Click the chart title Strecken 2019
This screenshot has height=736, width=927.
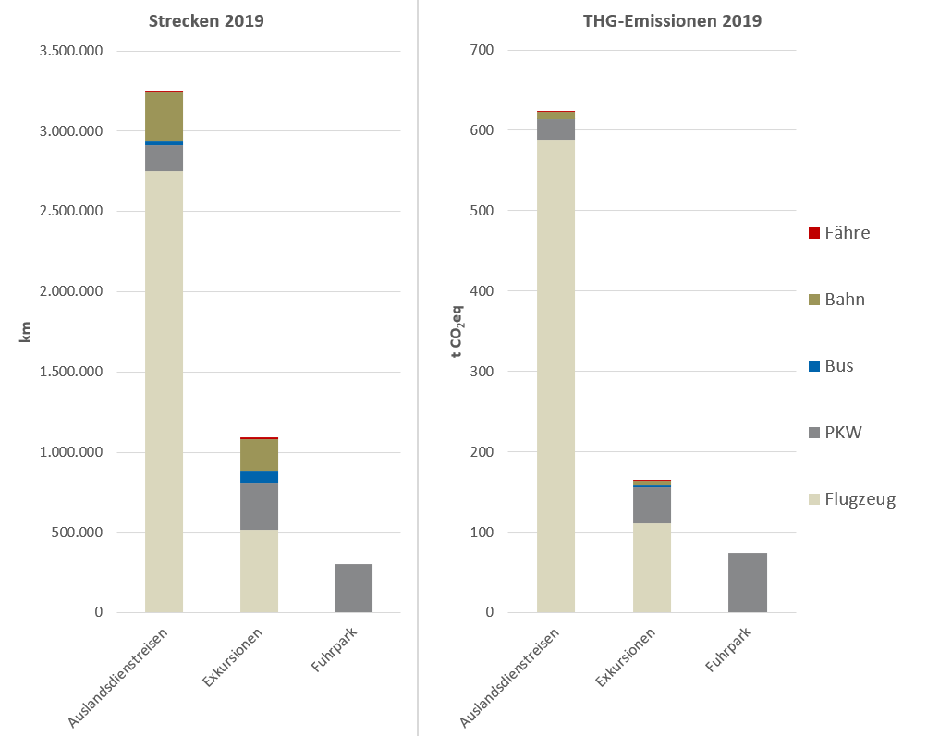(x=207, y=20)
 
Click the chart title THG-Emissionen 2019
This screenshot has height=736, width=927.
(x=672, y=20)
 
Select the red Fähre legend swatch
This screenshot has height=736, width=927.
(x=813, y=233)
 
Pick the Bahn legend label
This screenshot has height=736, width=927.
(x=846, y=300)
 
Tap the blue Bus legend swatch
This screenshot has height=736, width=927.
(x=813, y=366)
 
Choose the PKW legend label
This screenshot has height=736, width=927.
(x=844, y=432)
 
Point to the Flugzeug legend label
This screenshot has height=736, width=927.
(x=861, y=499)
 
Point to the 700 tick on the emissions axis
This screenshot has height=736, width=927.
(x=482, y=51)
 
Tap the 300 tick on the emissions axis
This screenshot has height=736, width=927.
(x=482, y=372)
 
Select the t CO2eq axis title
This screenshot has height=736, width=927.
(x=457, y=332)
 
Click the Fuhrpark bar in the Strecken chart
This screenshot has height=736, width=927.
(x=353, y=588)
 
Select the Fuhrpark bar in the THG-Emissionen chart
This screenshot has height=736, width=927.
(x=747, y=583)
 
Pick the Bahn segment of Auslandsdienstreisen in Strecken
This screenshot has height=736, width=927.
(x=164, y=117)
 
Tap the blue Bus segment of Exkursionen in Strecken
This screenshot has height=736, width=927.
(x=259, y=477)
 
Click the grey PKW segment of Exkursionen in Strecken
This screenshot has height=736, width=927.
(x=259, y=506)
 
